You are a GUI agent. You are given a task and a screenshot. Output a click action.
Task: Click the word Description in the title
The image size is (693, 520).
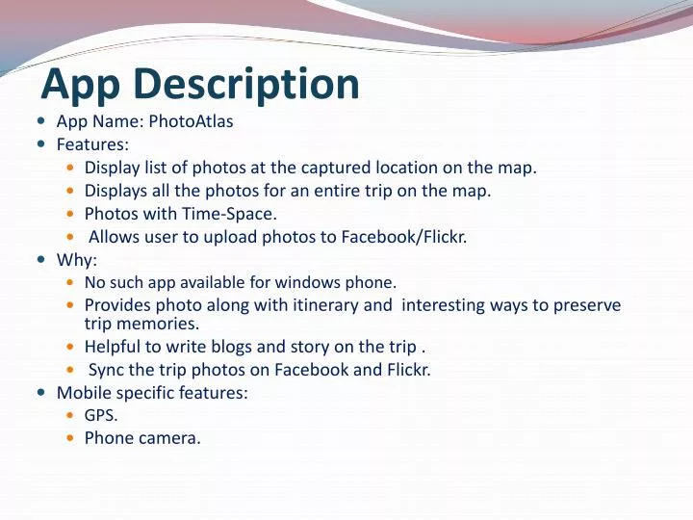(245, 84)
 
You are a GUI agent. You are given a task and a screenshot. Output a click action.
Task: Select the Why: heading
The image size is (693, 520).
(77, 260)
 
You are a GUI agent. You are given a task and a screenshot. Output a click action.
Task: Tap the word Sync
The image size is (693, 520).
(106, 370)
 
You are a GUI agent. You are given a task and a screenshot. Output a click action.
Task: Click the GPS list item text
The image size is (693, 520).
(101, 415)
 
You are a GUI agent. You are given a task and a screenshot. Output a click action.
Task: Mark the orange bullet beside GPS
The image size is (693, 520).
(72, 416)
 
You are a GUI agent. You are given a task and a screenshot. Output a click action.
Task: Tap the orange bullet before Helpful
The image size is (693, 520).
(72, 347)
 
